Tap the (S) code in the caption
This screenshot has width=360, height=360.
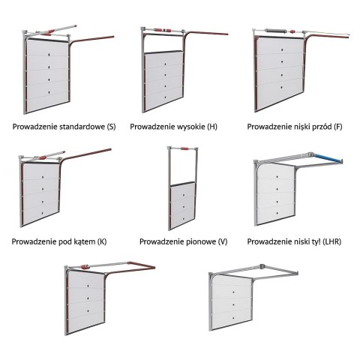pyautogui.click(x=111, y=127)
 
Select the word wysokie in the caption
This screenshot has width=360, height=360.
pyautogui.click(x=191, y=127)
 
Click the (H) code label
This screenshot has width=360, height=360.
pyautogui.click(x=212, y=127)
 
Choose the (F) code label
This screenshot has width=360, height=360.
pyautogui.click(x=338, y=127)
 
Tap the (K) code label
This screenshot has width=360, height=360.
pyautogui.click(x=102, y=242)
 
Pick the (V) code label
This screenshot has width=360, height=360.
pyautogui.click(x=223, y=242)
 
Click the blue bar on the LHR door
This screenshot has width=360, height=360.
pyautogui.click(x=328, y=158)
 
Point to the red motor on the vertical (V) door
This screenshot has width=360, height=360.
pyautogui.click(x=184, y=148)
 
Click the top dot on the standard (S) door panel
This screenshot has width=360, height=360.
pyautogui.click(x=49, y=54)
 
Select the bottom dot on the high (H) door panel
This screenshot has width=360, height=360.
pyautogui.click(x=165, y=97)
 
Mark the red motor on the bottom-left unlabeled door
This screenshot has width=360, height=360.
pyautogui.click(x=84, y=267)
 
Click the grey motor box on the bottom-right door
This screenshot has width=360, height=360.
pyautogui.click(x=262, y=266)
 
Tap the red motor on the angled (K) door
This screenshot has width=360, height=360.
pyautogui.click(x=43, y=158)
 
